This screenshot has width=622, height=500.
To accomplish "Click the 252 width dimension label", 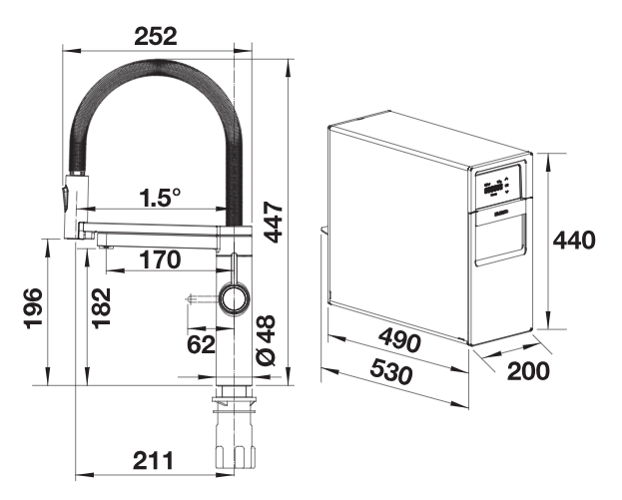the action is pos(156,36).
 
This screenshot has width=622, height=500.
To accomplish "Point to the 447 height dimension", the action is pos(274,222).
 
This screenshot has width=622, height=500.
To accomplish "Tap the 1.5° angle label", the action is pos(161,197).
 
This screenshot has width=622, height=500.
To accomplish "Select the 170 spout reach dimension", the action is pos(160,259).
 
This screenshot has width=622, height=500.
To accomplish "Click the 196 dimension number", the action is pos(33,308).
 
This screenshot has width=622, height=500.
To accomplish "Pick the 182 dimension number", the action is pos(102,308).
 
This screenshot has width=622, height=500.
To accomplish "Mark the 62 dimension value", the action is pos(201,344).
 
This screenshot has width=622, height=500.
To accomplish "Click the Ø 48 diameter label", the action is pos(267,340).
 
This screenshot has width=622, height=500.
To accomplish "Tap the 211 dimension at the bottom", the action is pos(153,461).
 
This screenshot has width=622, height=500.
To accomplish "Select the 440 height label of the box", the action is pos(574,240).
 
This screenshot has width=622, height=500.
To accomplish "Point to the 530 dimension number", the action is pos(391,372).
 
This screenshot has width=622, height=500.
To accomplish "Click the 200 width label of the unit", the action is pos(528,370).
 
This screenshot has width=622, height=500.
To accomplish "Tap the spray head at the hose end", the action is pos(74,206).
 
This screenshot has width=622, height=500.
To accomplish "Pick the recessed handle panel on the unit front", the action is pos(500,237).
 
